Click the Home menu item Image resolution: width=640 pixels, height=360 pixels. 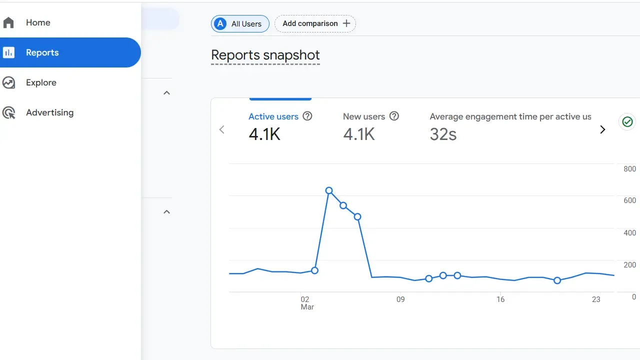click(38, 22)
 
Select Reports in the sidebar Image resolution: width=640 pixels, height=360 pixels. click(42, 52)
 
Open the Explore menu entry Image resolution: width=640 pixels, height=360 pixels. click(41, 82)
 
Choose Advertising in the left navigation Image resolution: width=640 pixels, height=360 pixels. click(49, 112)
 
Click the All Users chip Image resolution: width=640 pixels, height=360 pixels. click(240, 23)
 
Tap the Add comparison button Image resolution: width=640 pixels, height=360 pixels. click(315, 23)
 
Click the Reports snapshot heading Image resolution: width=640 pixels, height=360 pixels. click(265, 55)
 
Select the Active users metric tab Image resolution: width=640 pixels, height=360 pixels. click(273, 116)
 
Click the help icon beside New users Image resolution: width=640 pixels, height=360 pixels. click(394, 116)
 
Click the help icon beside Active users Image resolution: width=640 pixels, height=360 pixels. click(307, 116)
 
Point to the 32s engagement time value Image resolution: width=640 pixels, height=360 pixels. click(443, 134)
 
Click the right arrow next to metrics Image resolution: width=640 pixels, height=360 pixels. click(602, 129)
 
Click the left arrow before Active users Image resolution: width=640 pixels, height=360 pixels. click(222, 129)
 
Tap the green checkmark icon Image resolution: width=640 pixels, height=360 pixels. click(627, 121)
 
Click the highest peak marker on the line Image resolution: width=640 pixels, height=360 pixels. click(329, 190)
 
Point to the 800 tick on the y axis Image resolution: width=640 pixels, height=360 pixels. click(629, 169)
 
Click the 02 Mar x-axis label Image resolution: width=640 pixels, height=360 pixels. click(305, 303)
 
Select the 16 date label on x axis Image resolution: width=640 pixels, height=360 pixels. click(500, 299)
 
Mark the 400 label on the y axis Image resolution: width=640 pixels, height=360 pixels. click(629, 232)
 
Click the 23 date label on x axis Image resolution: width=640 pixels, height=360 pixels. click(596, 299)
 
